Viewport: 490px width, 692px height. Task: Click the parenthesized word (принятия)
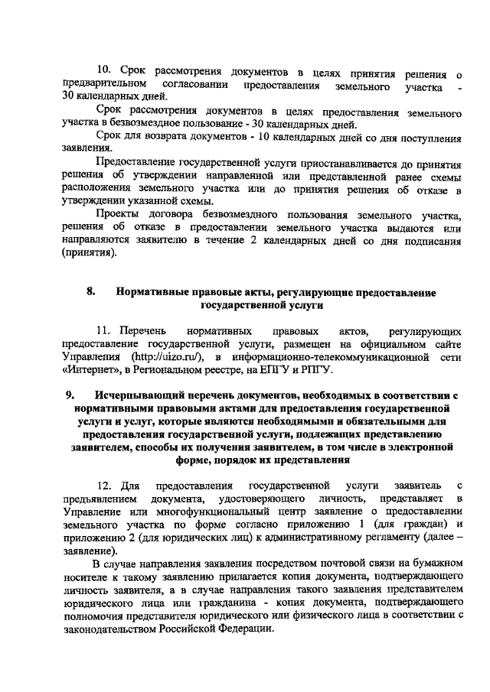click(90, 254)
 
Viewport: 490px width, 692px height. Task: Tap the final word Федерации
click(241, 628)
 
